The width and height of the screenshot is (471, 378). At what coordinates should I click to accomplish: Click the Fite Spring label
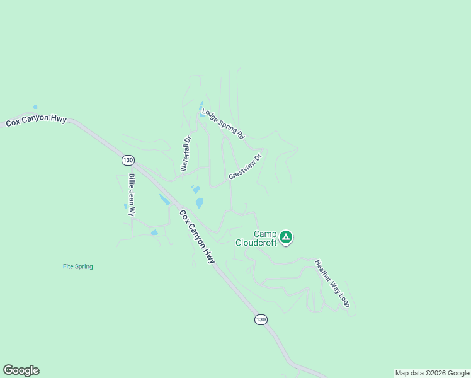(x=77, y=266)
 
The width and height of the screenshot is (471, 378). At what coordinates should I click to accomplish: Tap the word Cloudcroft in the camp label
(x=256, y=243)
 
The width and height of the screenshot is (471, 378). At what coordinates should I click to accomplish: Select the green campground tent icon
(x=286, y=238)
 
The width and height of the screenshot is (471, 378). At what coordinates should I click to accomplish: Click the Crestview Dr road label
(x=245, y=167)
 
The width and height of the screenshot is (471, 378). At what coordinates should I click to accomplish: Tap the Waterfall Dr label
(x=186, y=154)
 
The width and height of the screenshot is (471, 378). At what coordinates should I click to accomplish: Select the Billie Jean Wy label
(x=132, y=195)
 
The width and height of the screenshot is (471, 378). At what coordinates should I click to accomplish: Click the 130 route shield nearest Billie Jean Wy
(x=128, y=160)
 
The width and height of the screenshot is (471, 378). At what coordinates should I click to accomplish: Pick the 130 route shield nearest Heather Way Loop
(x=261, y=320)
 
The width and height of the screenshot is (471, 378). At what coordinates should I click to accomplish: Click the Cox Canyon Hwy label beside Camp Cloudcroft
(x=197, y=236)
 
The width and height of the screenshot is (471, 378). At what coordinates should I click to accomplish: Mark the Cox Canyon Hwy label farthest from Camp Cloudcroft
(x=37, y=120)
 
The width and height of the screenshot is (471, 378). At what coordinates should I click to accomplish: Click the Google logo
(x=21, y=370)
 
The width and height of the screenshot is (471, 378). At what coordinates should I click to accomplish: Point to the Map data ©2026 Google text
(x=431, y=373)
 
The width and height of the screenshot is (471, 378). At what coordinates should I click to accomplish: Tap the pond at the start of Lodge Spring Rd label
(x=202, y=112)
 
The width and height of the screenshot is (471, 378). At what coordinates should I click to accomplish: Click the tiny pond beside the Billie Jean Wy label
(x=125, y=205)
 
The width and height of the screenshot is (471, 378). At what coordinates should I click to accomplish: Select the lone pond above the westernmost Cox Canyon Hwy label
(x=35, y=107)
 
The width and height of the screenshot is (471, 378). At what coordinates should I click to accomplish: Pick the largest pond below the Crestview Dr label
(x=200, y=202)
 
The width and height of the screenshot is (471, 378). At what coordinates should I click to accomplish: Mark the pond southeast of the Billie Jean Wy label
(x=154, y=232)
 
